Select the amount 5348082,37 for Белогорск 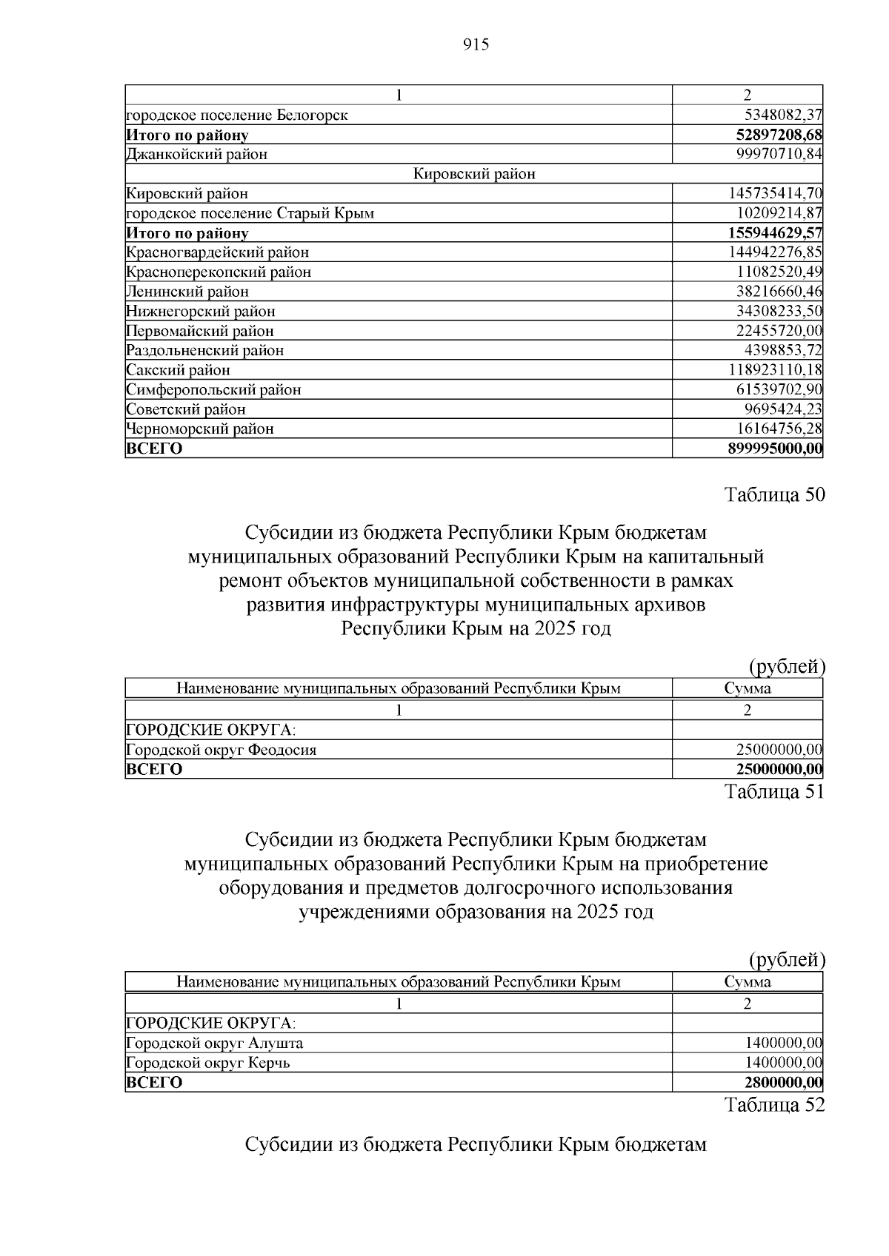(x=783, y=115)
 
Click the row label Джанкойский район (x=197, y=155)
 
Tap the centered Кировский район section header (x=474, y=175)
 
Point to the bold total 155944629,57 (x=776, y=233)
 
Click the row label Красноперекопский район (x=219, y=272)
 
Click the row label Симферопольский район (x=214, y=390)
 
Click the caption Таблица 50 (x=774, y=495)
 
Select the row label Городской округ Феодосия (x=222, y=750)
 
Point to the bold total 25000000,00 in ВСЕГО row (x=779, y=770)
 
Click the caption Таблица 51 (x=774, y=792)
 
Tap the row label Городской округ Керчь (x=208, y=1063)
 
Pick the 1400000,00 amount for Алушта (x=783, y=1044)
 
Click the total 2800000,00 (x=783, y=1083)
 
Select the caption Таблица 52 (x=774, y=1105)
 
